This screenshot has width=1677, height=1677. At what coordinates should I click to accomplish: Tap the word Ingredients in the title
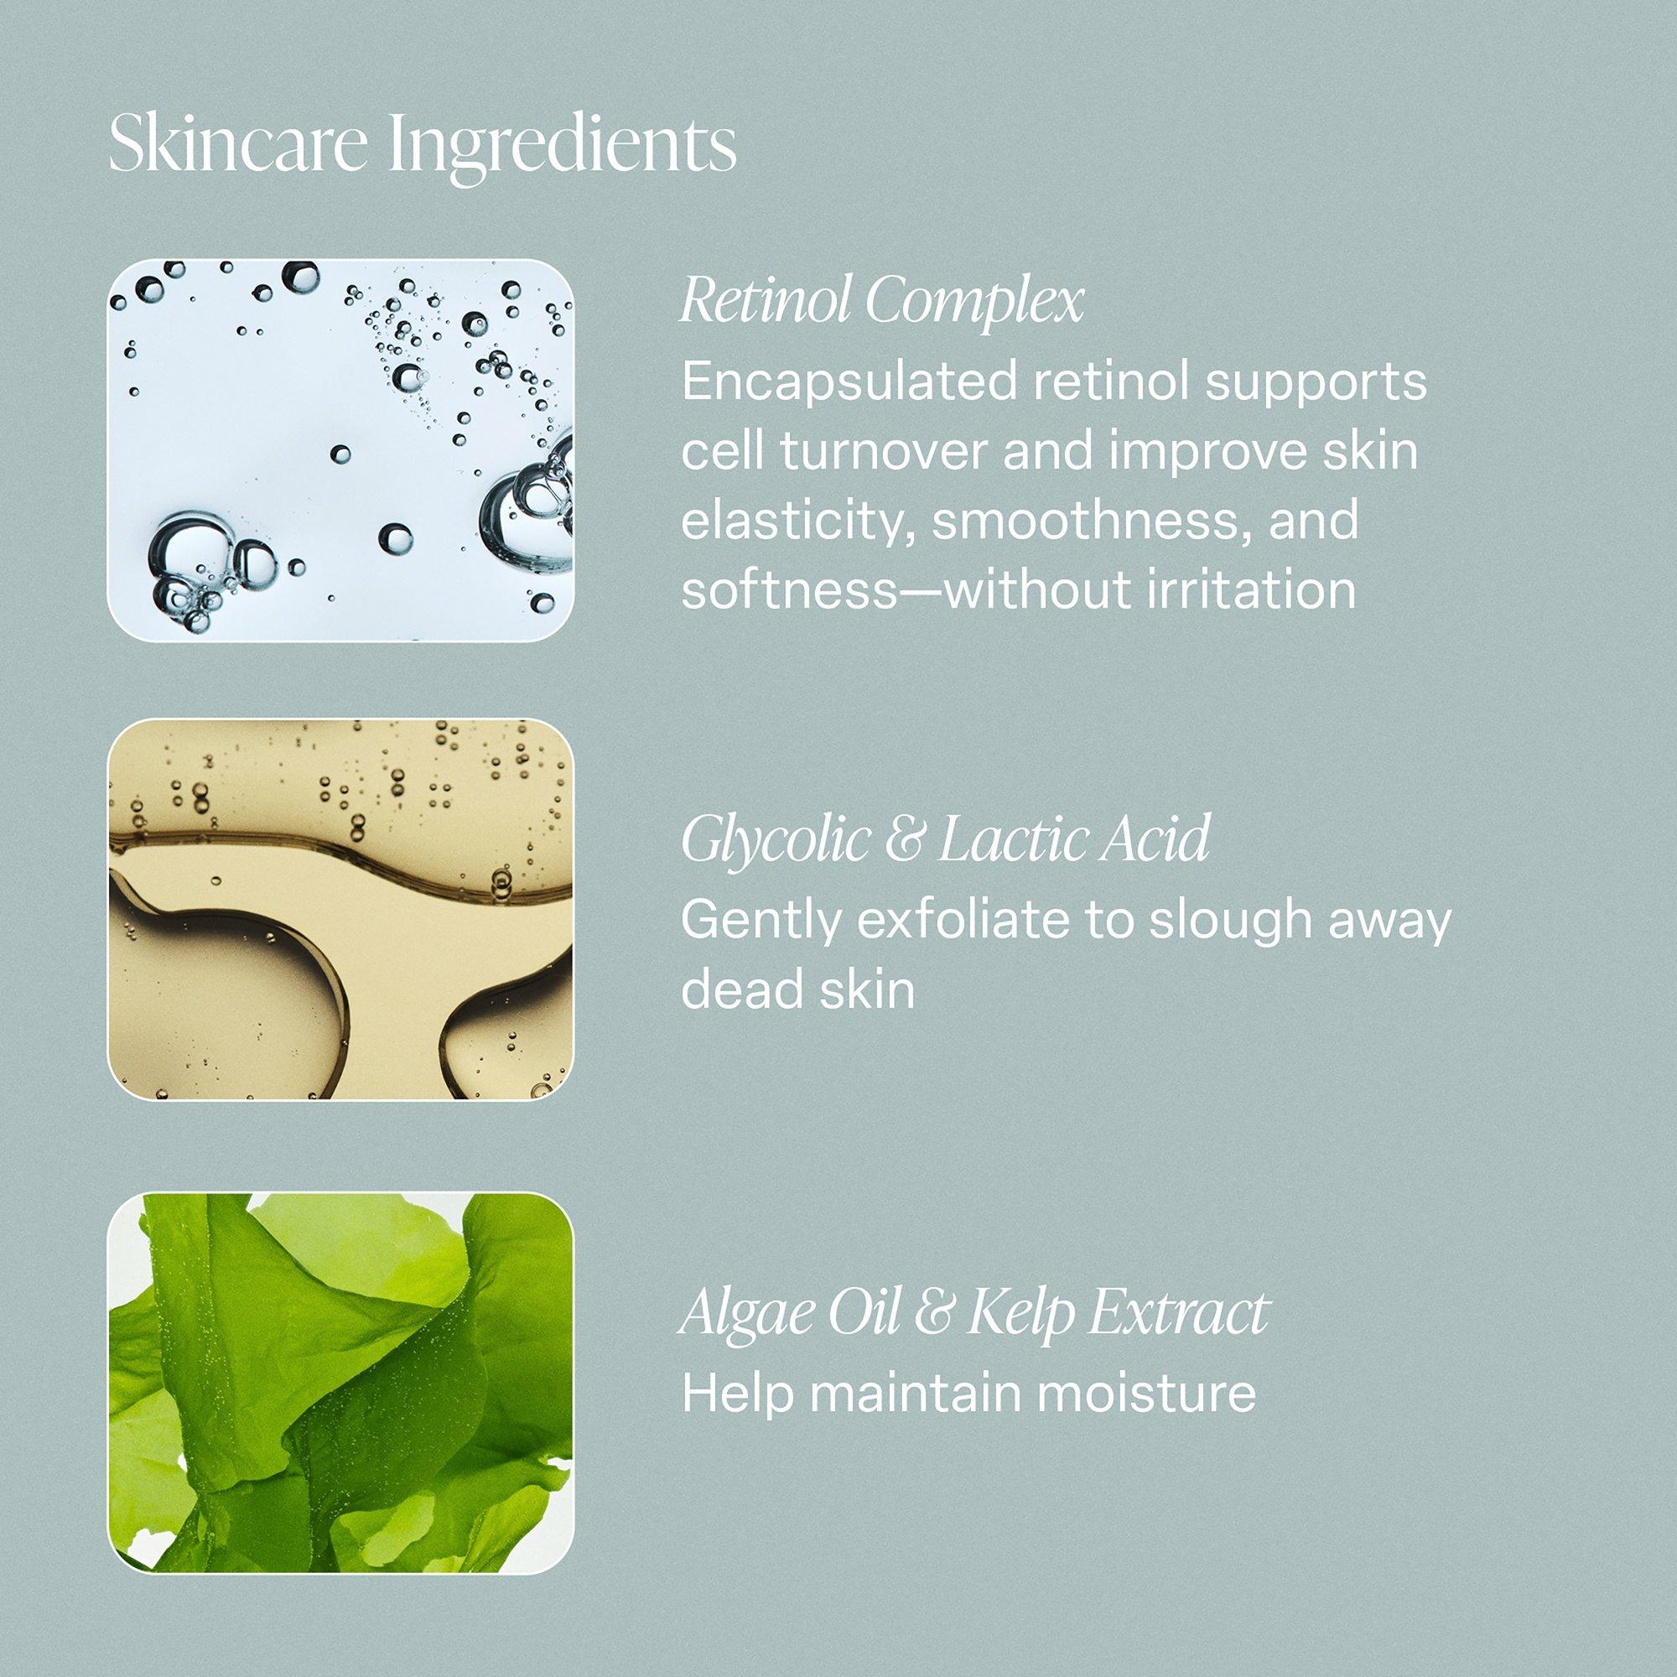[563, 150]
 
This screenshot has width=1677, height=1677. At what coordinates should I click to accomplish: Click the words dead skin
[797, 990]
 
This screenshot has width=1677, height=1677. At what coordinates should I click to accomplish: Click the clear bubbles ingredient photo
[340, 450]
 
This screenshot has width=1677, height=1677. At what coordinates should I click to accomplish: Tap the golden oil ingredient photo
[340, 910]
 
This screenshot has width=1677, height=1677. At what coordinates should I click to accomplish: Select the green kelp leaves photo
[340, 1382]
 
